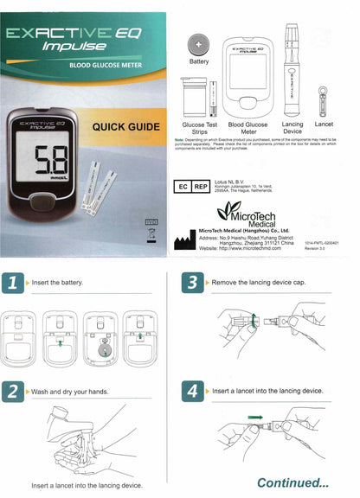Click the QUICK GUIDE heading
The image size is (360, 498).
pyautogui.click(x=125, y=128)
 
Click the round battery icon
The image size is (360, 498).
pyautogui.click(x=198, y=44)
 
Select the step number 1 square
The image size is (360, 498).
pyautogui.click(x=12, y=282)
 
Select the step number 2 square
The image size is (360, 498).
pyautogui.click(x=12, y=392)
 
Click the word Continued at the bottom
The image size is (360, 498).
pyautogui.click(x=292, y=482)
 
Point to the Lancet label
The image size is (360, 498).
pyautogui.click(x=324, y=124)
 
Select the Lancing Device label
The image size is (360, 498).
pyautogui.click(x=292, y=129)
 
